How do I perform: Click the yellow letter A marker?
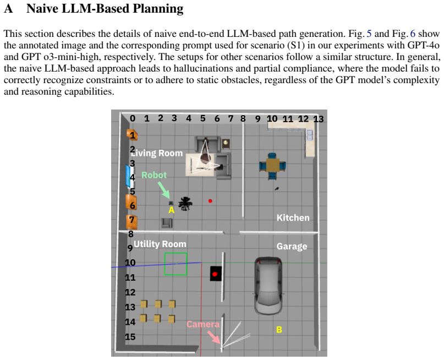point(171,210)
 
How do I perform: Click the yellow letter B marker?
point(279,330)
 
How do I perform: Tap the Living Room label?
point(157,153)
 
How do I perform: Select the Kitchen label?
point(293,217)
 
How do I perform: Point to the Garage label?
point(292,246)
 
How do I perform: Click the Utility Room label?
point(160,244)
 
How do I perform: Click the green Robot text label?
point(154,175)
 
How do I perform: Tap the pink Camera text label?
point(203,324)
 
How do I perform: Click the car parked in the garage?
point(268,286)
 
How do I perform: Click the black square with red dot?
point(216,274)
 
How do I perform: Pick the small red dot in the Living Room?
point(210,201)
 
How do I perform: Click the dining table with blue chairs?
point(272,166)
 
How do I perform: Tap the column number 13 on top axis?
point(318,119)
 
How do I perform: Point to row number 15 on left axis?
point(130,337)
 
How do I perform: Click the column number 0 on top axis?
point(133,118)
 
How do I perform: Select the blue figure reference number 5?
point(369,34)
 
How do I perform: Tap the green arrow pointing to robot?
point(163,190)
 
